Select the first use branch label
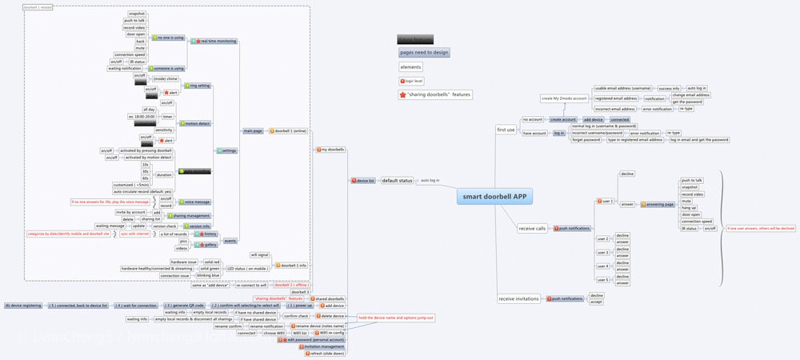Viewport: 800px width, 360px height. (x=506, y=129)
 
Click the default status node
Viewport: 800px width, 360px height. (x=398, y=181)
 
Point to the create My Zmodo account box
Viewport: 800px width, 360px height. (x=565, y=98)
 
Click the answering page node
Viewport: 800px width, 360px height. (x=658, y=204)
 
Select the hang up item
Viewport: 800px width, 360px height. (x=686, y=207)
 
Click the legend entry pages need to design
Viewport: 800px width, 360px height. (x=424, y=53)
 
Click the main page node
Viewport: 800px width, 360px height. (x=254, y=130)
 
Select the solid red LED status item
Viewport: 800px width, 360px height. (x=211, y=262)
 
